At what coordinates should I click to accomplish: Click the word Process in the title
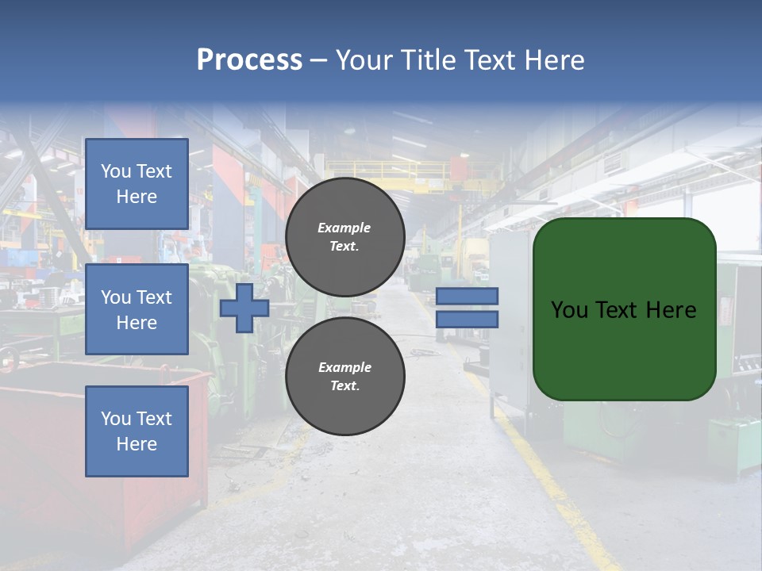click(249, 60)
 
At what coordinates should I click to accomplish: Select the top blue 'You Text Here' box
click(137, 184)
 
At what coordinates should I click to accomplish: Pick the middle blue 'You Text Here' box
click(137, 309)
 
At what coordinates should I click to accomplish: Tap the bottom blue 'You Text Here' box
click(137, 431)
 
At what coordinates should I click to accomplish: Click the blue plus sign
click(244, 308)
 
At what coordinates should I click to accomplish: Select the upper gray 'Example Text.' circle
click(344, 236)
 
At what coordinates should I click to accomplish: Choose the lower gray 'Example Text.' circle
click(344, 376)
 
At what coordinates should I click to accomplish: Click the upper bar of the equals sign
click(467, 296)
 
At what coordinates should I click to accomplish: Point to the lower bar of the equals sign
click(467, 319)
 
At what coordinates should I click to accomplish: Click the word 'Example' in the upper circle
click(344, 228)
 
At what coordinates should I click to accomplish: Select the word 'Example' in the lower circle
click(344, 367)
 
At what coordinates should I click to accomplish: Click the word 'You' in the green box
click(569, 310)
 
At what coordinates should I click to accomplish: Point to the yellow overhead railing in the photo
click(389, 169)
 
